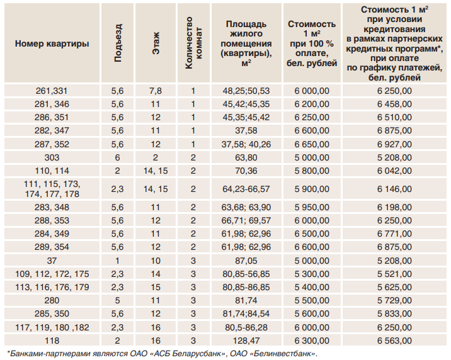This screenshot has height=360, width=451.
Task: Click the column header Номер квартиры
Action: (x=52, y=43)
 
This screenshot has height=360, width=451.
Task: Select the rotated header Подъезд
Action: (x=118, y=43)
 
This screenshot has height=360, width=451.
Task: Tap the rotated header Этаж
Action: (x=156, y=43)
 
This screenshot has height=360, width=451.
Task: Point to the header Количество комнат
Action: (x=193, y=43)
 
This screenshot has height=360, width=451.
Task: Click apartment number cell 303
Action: (x=52, y=157)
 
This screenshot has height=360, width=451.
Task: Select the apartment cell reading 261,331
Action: (x=52, y=91)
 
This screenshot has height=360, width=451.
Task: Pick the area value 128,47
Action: (x=246, y=340)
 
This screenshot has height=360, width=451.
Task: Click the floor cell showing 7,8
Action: (x=156, y=91)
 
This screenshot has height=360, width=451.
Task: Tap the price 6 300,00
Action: (x=311, y=340)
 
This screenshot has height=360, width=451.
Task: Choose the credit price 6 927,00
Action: (x=394, y=143)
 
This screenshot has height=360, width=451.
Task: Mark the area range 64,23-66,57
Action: (x=246, y=188)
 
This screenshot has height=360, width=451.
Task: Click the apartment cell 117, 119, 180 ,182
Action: (x=52, y=327)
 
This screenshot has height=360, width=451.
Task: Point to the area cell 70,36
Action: (x=246, y=170)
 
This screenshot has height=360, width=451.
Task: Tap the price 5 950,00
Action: (x=311, y=207)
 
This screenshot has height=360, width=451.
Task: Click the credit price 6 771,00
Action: (x=394, y=233)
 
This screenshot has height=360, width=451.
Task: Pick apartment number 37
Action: (x=52, y=261)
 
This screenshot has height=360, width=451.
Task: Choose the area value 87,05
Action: (x=246, y=261)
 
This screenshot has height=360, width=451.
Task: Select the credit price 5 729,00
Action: (x=394, y=300)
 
